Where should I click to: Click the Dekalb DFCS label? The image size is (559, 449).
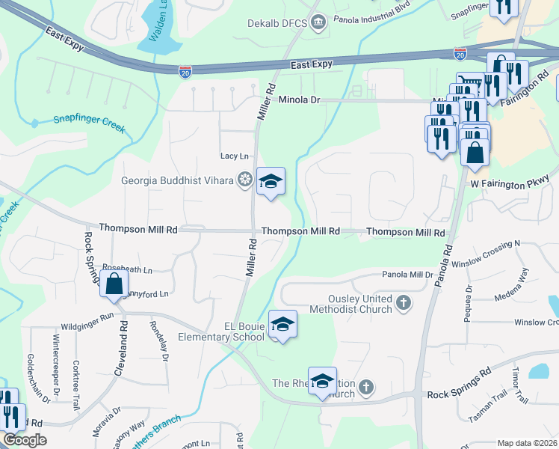point(277,23)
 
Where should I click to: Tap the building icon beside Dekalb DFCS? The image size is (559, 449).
point(318,23)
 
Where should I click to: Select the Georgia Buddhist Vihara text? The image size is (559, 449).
point(178,180)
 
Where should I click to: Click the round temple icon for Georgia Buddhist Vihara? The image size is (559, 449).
point(244,180)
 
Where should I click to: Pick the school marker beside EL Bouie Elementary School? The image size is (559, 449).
point(282,325)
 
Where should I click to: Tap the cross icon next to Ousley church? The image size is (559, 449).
point(404,303)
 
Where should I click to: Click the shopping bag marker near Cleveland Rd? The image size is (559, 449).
point(114,285)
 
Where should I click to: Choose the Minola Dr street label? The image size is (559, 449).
point(299,100)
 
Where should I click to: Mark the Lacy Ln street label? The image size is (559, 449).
point(234,156)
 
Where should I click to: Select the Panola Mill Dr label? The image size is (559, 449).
point(408,275)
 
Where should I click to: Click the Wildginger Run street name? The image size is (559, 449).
point(87,326)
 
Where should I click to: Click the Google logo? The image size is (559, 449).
point(25,440)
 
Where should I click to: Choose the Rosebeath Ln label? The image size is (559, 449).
point(127,269)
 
